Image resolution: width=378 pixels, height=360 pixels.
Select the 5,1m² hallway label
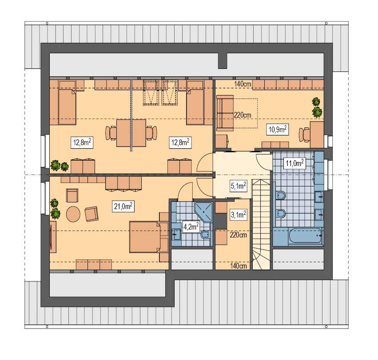(x=238, y=187)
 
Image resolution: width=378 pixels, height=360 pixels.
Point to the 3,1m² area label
(x=238, y=215)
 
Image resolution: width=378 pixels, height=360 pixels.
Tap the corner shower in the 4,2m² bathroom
(x=204, y=211)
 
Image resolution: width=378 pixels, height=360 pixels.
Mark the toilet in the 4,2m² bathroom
(x=204, y=235)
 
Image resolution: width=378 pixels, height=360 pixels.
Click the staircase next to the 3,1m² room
(x=261, y=224)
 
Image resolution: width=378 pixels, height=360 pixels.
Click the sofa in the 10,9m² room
(x=225, y=113)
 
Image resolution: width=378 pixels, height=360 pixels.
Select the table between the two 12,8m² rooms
(x=131, y=132)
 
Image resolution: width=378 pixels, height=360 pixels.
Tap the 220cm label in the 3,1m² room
(x=238, y=235)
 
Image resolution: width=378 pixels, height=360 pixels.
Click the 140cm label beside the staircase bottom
(x=239, y=266)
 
